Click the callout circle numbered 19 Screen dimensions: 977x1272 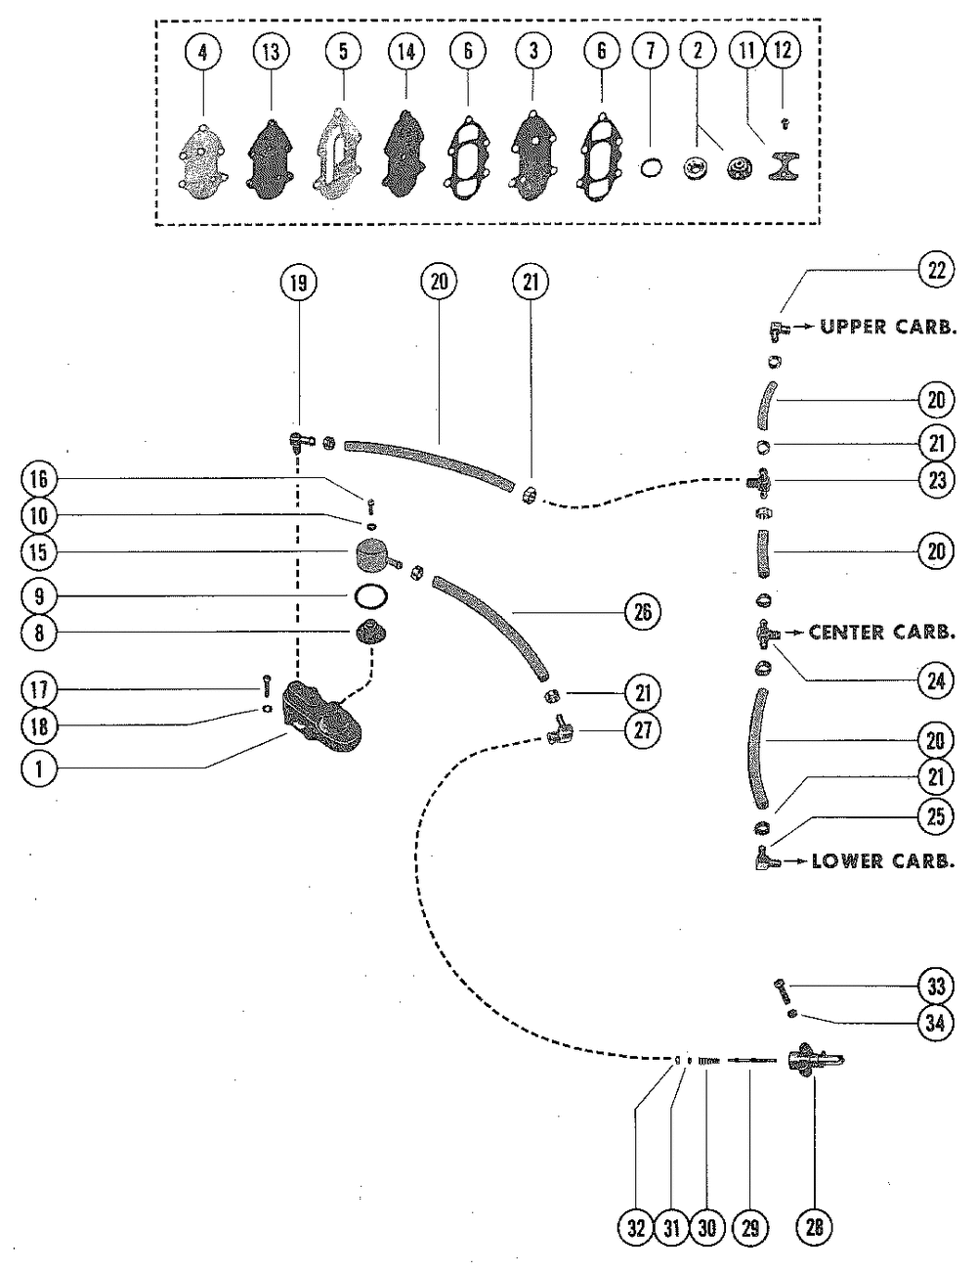pyautogui.click(x=298, y=284)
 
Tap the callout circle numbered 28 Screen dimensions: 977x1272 pyautogui.click(x=814, y=1227)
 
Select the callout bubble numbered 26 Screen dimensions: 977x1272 pyautogui.click(x=643, y=612)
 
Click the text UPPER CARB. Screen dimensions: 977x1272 pyautogui.click(x=888, y=327)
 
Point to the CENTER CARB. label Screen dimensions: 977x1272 pyautogui.click(x=882, y=633)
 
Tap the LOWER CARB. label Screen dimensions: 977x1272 pyautogui.click(x=883, y=861)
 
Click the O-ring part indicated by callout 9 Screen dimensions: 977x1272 pyautogui.click(x=370, y=597)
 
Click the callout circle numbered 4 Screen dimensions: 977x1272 pyautogui.click(x=203, y=53)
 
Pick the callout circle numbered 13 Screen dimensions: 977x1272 pyautogui.click(x=272, y=52)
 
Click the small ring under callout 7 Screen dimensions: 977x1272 pyautogui.click(x=651, y=168)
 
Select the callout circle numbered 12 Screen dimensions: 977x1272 pyautogui.click(x=783, y=51)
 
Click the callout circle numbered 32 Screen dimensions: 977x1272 pyautogui.click(x=636, y=1227)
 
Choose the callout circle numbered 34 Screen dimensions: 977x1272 pyautogui.click(x=936, y=1023)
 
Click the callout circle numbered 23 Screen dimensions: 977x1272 pyautogui.click(x=937, y=481)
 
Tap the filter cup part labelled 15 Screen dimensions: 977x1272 pyautogui.click(x=375, y=555)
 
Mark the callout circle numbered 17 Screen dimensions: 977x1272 pyautogui.click(x=39, y=690)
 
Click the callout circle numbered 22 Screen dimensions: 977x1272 pyautogui.click(x=936, y=271)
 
